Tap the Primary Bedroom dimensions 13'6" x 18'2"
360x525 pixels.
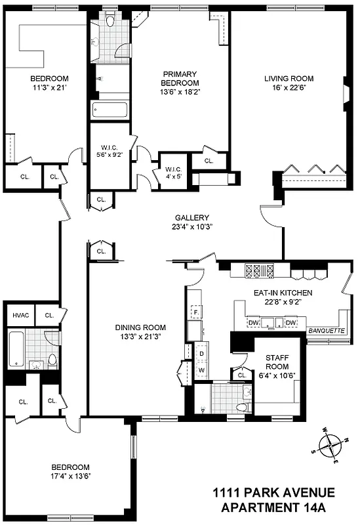(x=180, y=93)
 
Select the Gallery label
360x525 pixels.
(x=191, y=218)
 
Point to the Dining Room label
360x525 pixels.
(x=140, y=327)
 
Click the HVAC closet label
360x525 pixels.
(x=18, y=316)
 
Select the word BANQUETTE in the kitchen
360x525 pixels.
(x=325, y=331)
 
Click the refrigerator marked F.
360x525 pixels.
(x=195, y=314)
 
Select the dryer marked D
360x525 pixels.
(x=201, y=354)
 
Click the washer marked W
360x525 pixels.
(x=201, y=371)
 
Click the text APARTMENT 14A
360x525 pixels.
(x=277, y=508)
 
